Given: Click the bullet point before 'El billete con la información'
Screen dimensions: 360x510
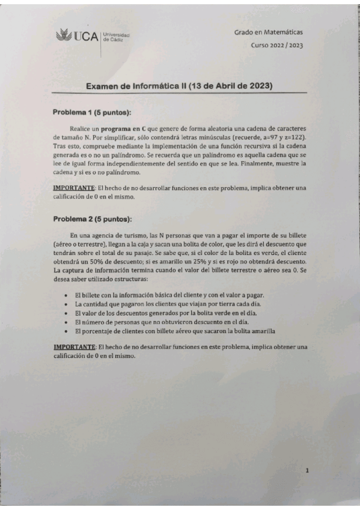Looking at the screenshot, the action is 66,296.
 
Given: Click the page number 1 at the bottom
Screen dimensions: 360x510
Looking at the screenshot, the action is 307,472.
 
